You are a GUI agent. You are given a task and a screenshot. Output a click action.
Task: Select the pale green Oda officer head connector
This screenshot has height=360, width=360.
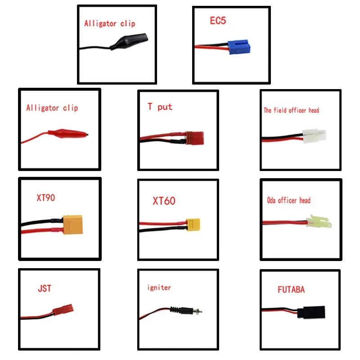tap(319, 222)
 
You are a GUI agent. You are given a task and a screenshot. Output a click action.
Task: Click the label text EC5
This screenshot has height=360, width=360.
tap(218, 21)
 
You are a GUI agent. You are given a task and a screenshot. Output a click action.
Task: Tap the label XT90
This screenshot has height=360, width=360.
tap(46, 197)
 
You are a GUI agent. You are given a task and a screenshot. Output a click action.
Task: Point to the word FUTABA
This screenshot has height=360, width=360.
tap(291, 289)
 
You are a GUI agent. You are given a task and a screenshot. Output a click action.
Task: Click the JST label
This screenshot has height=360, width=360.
tap(45, 288)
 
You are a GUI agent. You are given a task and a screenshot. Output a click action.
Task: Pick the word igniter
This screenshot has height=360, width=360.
tap(159, 287)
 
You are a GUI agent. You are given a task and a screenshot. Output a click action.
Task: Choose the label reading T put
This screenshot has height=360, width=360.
tap(160, 107)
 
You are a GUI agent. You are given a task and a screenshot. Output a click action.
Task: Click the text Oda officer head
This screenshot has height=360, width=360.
tap(288, 200)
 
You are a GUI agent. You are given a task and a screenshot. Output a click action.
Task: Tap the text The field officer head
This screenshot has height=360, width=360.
tap(291, 110)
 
